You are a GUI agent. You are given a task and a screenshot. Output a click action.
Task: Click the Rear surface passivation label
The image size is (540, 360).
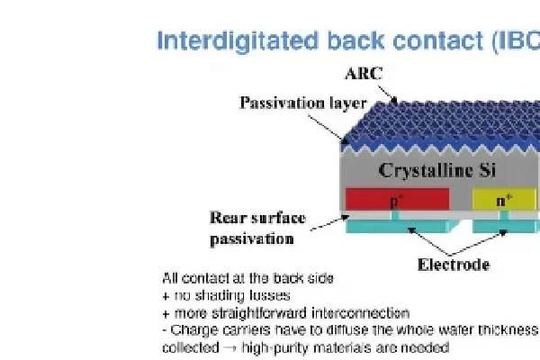tap(256, 229)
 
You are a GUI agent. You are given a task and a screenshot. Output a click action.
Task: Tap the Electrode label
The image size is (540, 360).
tap(454, 265)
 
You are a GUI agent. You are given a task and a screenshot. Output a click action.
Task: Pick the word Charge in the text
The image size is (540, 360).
tap(190, 330)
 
